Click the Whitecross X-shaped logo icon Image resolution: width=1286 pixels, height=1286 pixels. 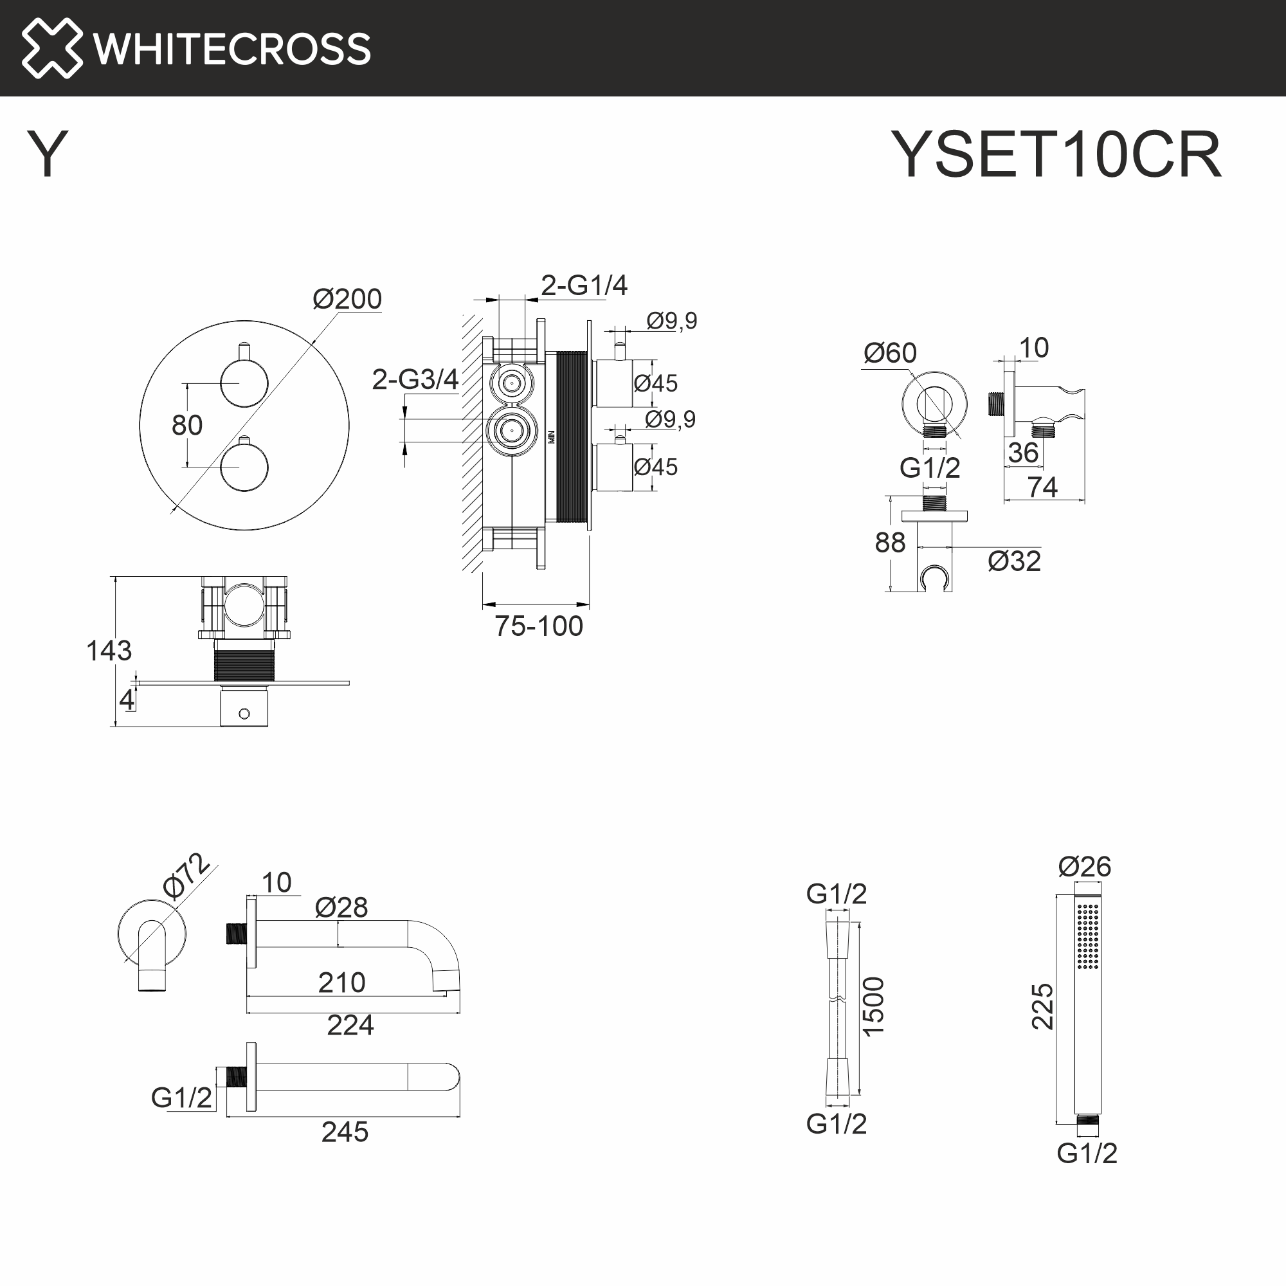click(52, 48)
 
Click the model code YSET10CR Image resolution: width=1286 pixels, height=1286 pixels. click(1056, 154)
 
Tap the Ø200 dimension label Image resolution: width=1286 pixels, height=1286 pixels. click(347, 299)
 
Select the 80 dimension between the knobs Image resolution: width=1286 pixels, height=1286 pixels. click(186, 425)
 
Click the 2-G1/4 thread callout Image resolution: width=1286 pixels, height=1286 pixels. click(584, 285)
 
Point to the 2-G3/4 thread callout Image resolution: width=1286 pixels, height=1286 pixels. click(415, 379)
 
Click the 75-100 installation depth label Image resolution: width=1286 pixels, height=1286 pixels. click(538, 626)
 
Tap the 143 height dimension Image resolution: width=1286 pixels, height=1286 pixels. click(109, 650)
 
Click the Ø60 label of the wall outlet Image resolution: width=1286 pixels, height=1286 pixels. click(890, 353)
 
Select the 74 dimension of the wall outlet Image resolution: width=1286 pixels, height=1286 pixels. click(1042, 487)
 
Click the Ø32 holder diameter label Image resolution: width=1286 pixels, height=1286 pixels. click(1014, 561)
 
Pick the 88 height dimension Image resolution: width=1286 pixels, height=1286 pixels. click(890, 543)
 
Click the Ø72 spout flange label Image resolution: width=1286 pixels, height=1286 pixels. click(186, 876)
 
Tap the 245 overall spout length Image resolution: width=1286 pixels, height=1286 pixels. click(344, 1132)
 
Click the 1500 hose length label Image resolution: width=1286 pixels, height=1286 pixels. click(873, 1006)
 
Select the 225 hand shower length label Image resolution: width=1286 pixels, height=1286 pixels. click(1042, 1006)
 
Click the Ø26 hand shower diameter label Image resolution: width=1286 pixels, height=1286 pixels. click(1084, 867)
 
